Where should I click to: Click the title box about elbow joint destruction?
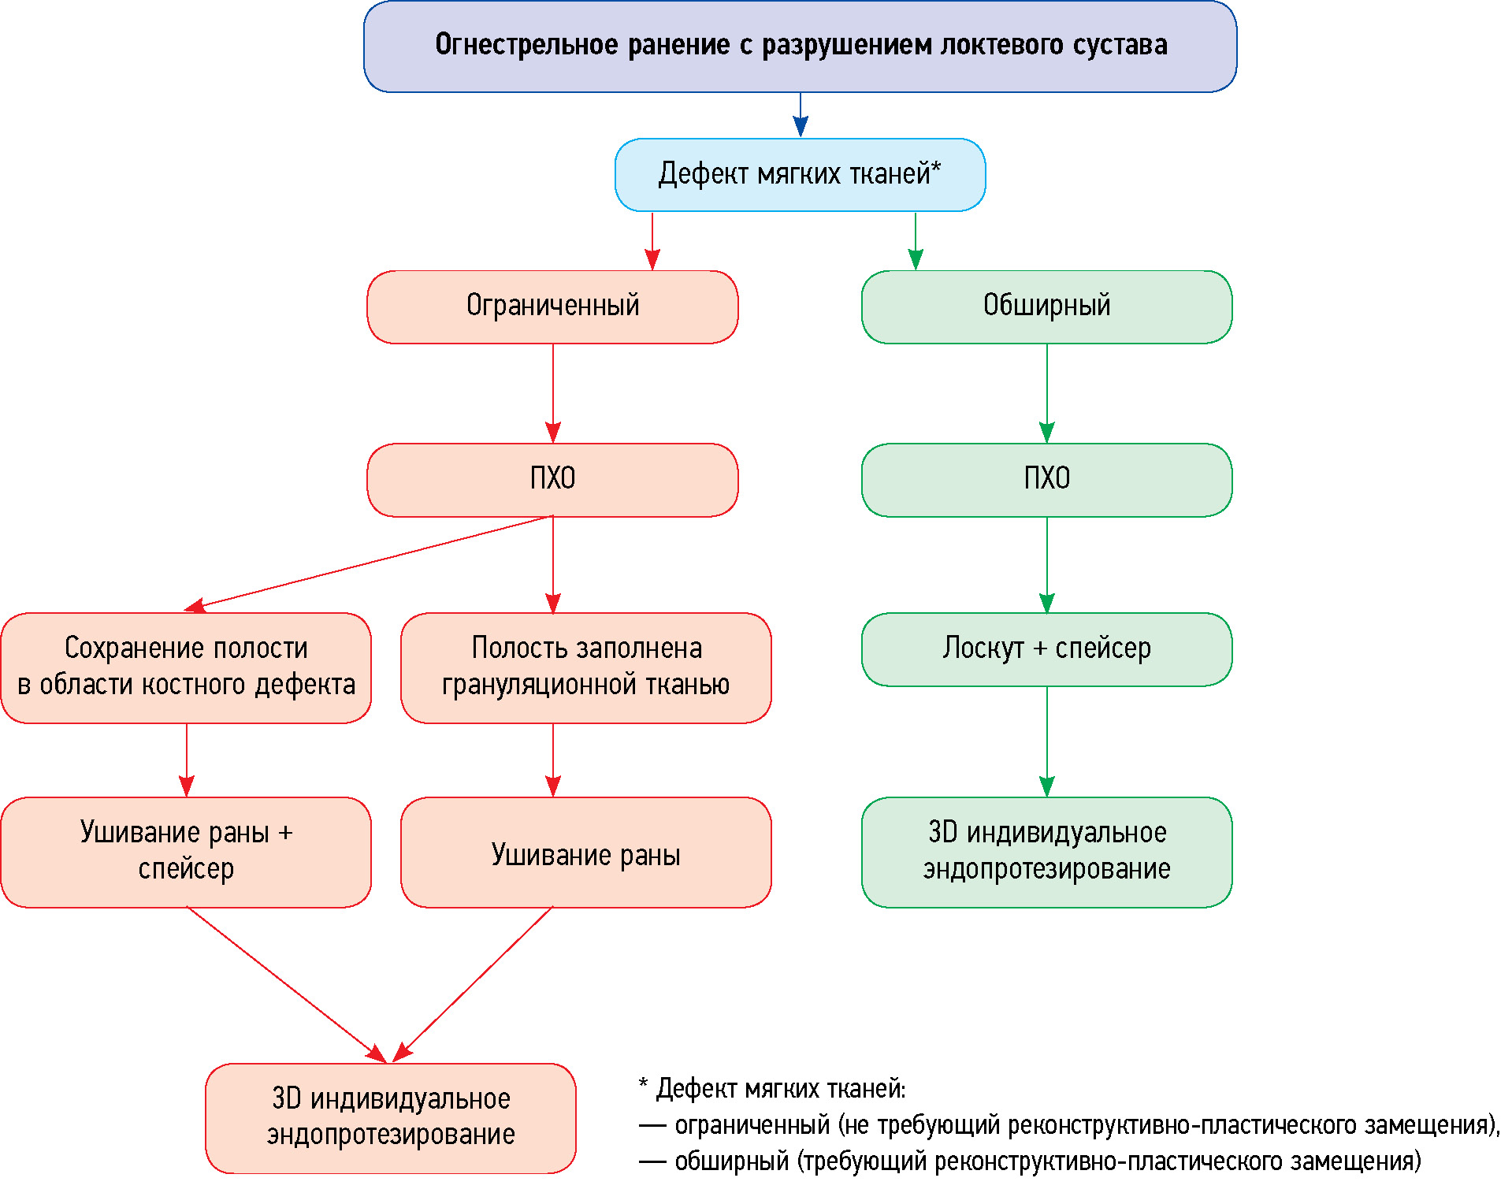800,46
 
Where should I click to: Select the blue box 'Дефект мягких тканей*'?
800,175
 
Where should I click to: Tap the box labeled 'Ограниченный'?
552,307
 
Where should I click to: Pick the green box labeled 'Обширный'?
1046,307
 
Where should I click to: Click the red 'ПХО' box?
552,479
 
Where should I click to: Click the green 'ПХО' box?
1046,479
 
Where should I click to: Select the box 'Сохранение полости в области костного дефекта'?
186,667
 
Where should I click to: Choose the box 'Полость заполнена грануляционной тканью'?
585,667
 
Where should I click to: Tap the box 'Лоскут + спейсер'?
1046,649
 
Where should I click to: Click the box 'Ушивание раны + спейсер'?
186,852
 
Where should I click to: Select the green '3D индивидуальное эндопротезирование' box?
1046,852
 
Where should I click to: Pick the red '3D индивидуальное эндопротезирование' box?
391,1117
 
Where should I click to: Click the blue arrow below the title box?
801,115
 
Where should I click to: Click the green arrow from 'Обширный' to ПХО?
1046,393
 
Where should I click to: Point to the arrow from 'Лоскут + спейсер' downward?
1046,741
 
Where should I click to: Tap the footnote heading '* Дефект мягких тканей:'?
772,1089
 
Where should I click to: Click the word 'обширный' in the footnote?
732,1161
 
